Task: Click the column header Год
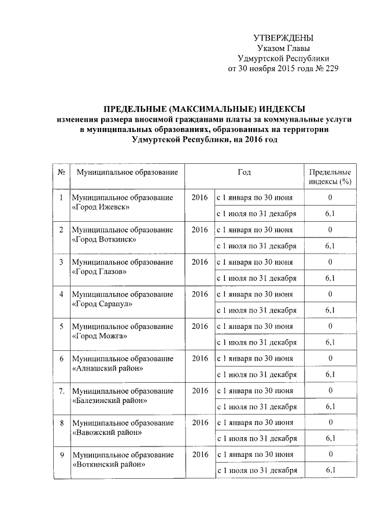[244, 173]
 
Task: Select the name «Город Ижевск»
[101, 207]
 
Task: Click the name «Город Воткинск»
[104, 239]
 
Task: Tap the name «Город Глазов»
[100, 271]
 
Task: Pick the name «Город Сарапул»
[102, 303]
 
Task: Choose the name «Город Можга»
[99, 335]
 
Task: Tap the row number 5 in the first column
[61, 327]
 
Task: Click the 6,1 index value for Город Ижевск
[330, 214]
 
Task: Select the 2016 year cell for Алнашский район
[199, 358]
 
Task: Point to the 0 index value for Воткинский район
[330, 455]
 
